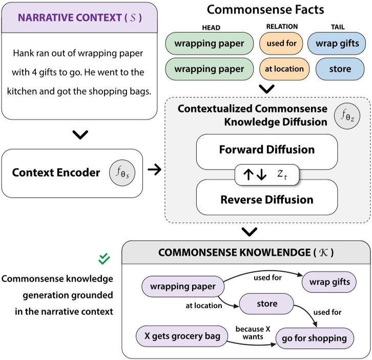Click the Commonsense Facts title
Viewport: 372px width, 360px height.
[265, 9]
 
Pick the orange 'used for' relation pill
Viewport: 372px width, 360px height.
[282, 44]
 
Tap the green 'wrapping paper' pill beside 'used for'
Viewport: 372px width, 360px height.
[209, 44]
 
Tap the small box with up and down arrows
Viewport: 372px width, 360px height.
[266, 175]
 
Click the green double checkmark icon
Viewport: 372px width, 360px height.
[105, 259]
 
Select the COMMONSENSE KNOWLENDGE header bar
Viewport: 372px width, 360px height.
[246, 252]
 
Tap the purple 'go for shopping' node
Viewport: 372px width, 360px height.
[314, 338]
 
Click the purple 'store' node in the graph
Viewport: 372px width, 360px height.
[266, 304]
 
